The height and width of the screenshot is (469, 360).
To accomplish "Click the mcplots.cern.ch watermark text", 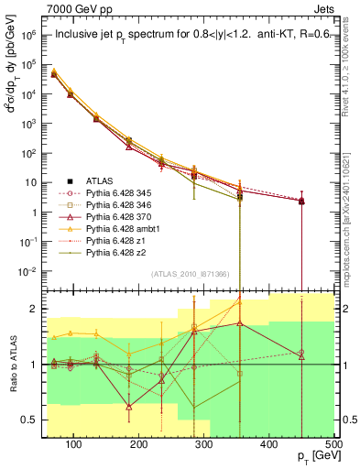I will coord(352,211).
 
